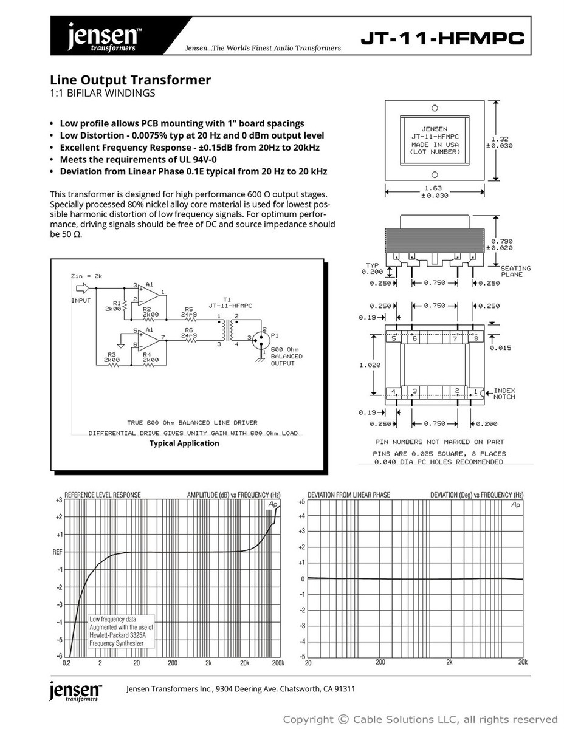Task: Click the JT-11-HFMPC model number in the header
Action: coord(442,39)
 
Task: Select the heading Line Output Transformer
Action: coord(131,80)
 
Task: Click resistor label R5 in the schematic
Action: coord(189,309)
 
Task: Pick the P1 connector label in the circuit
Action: coord(274,335)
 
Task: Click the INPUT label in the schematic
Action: coord(81,300)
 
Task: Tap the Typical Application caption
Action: coord(184,443)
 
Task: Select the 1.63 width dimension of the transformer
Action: coord(433,188)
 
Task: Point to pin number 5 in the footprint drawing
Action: coord(394,338)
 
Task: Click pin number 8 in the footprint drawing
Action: coord(476,338)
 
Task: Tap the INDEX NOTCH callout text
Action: coord(504,394)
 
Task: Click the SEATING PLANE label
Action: coord(515,272)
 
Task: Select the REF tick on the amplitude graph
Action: coord(57,552)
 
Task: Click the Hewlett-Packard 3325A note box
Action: coord(122,631)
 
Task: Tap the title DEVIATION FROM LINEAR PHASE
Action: coord(349,495)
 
